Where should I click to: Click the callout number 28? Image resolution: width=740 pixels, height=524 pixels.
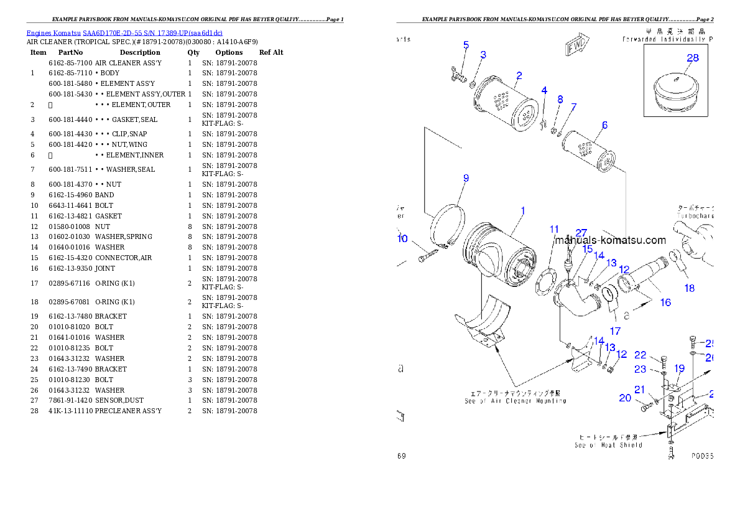[692, 58]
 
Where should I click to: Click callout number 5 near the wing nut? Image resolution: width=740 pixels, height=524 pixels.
[466, 45]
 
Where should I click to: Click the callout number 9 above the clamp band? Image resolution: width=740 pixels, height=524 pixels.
[466, 178]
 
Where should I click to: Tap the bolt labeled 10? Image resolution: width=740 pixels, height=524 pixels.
[427, 255]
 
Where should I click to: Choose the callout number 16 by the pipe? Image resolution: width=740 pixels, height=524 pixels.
[665, 302]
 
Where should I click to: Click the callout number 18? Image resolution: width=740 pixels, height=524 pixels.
[689, 288]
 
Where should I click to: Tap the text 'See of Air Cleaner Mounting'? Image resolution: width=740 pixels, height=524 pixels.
[515, 401]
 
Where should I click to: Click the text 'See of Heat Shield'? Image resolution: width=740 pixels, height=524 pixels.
[608, 444]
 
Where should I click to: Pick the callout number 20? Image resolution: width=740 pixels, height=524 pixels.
[625, 398]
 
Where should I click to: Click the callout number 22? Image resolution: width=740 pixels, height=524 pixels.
[641, 355]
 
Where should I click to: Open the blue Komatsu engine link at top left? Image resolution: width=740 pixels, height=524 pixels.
[124, 32]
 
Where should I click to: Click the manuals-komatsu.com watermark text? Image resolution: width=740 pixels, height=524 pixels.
[610, 240]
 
